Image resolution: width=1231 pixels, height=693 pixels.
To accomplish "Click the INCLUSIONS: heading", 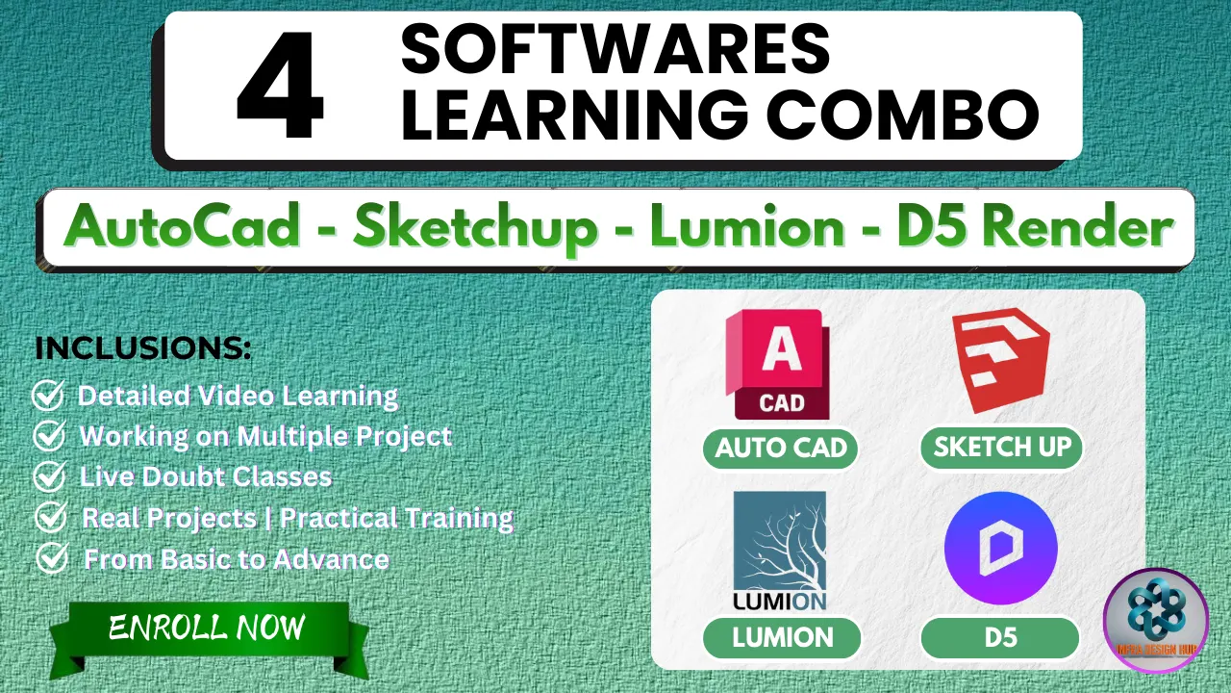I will tap(143, 348).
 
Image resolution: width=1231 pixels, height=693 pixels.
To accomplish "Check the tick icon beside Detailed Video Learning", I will tap(48, 396).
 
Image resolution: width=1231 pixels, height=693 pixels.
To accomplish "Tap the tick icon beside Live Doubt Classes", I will tap(48, 476).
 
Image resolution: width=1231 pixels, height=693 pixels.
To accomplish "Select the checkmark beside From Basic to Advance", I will tap(51, 558).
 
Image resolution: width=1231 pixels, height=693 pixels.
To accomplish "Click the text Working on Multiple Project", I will tap(265, 436).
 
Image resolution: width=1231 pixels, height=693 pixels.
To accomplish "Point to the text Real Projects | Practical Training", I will tap(297, 518).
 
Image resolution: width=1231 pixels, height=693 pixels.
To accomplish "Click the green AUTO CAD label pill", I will tap(780, 449).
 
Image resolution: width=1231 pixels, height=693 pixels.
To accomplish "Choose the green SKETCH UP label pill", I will tap(1001, 448).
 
